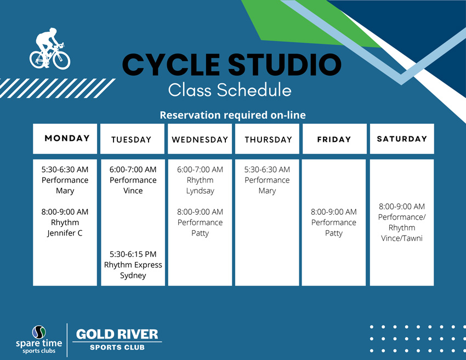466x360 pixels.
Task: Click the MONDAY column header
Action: [x=67, y=138]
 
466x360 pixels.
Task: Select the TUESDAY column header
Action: [x=132, y=140]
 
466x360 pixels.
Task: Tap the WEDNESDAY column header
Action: [x=200, y=140]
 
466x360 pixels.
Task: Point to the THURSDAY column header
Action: [x=269, y=140]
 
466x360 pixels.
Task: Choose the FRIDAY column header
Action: [x=334, y=139]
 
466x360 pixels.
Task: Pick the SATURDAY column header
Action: [x=402, y=139]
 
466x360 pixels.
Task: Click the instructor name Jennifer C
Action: [x=65, y=233]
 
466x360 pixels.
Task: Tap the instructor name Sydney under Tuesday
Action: [x=133, y=276]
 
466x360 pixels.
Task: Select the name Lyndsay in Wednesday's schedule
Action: [x=200, y=191]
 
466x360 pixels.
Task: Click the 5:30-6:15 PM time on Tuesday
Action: [x=133, y=254]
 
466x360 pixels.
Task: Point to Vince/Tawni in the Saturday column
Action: [x=402, y=238]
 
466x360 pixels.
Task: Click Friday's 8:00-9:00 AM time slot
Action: [x=334, y=212]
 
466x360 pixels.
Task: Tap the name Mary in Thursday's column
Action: [x=267, y=191]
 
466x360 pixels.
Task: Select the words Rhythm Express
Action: [x=133, y=265]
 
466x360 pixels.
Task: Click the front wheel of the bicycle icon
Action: [x=61, y=61]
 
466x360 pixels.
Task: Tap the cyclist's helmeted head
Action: [x=53, y=31]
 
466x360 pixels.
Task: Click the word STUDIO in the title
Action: [x=285, y=65]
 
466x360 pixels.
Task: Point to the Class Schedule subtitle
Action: [x=230, y=90]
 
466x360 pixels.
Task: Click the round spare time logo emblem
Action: [x=39, y=332]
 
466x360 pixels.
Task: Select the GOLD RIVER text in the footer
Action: [x=117, y=334]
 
